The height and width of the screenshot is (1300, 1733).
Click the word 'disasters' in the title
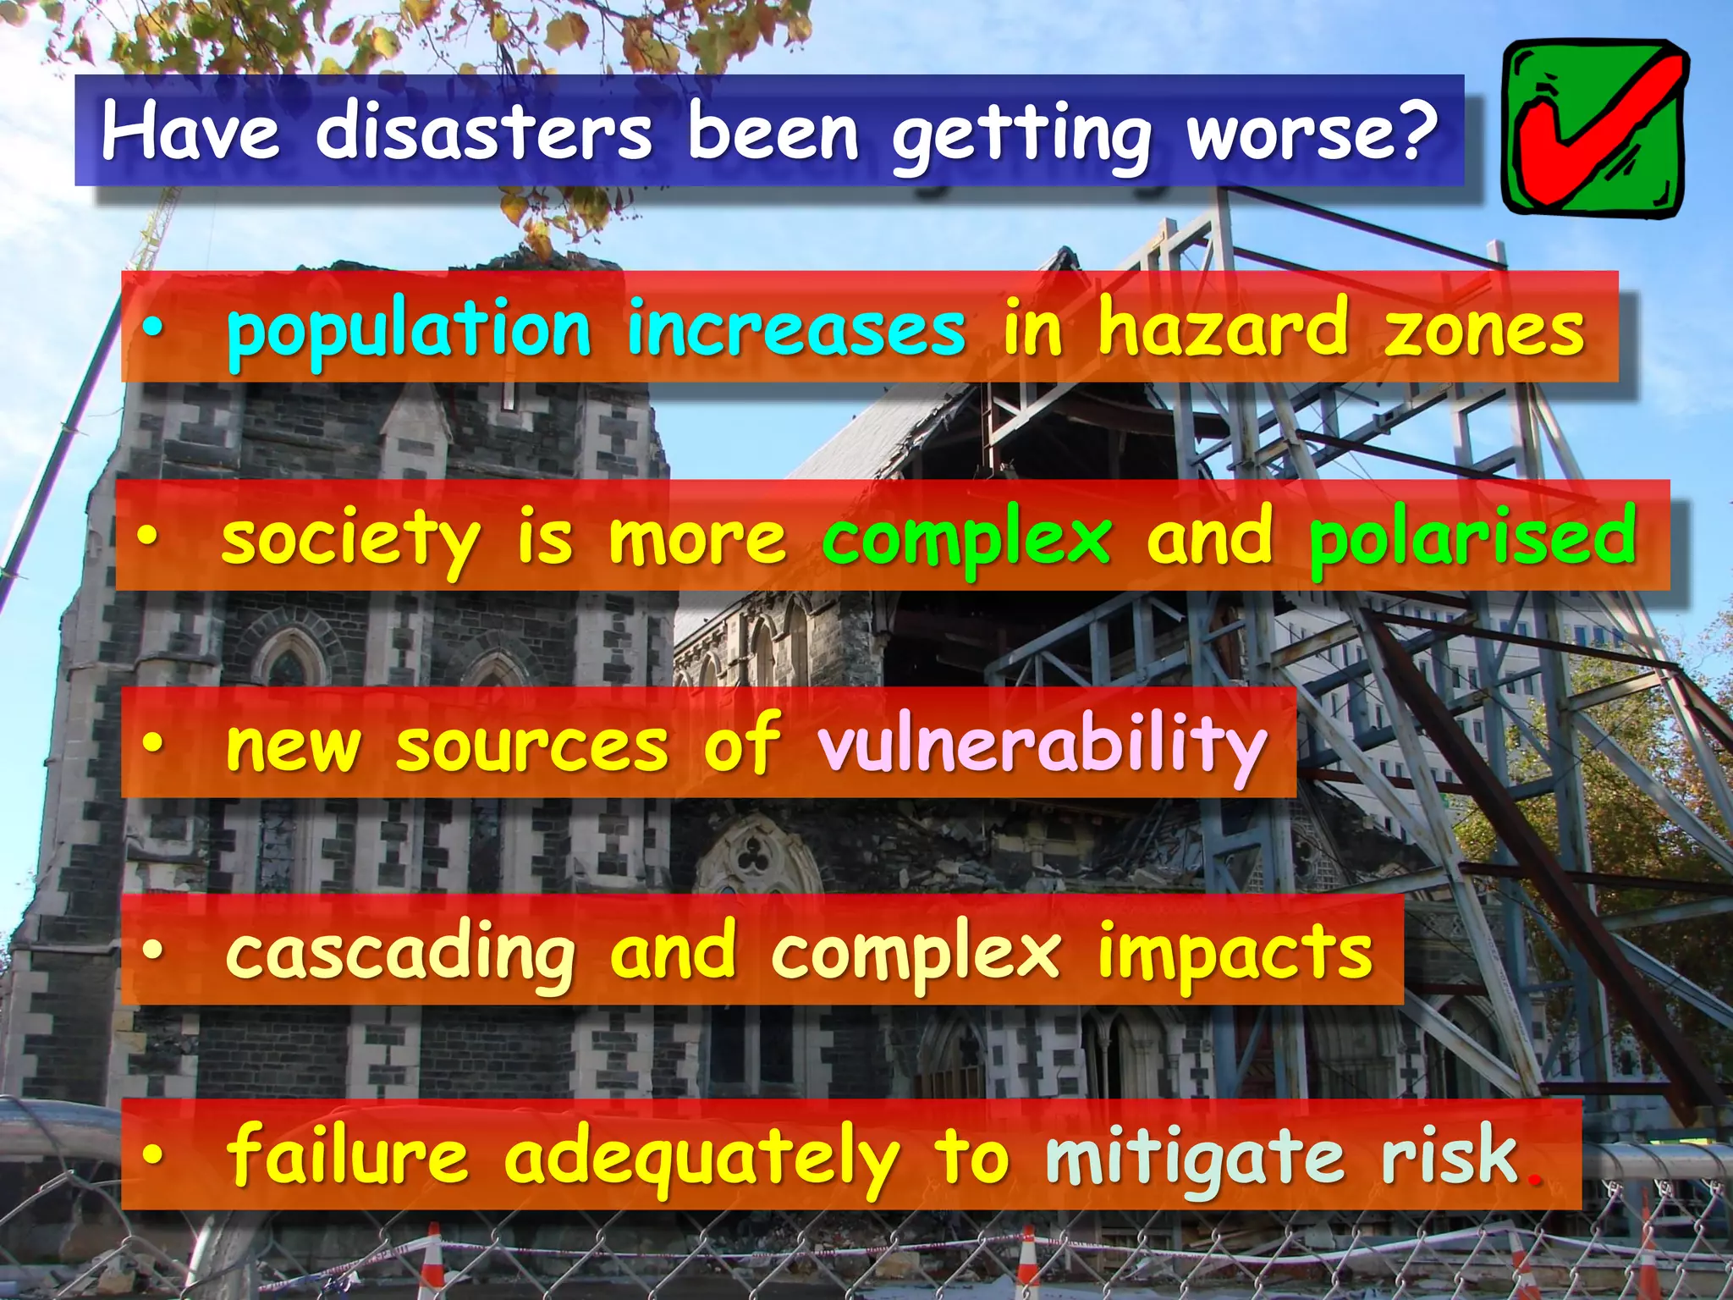(484, 132)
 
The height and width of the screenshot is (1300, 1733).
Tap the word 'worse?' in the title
(1312, 132)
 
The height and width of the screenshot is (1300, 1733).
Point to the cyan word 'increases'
(795, 330)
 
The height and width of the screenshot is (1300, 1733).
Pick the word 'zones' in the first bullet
(1484, 330)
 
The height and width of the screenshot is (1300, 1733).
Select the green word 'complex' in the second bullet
(966, 540)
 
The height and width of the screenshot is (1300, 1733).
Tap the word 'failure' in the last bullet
(347, 1156)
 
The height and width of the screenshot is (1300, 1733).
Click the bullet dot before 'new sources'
(152, 743)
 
